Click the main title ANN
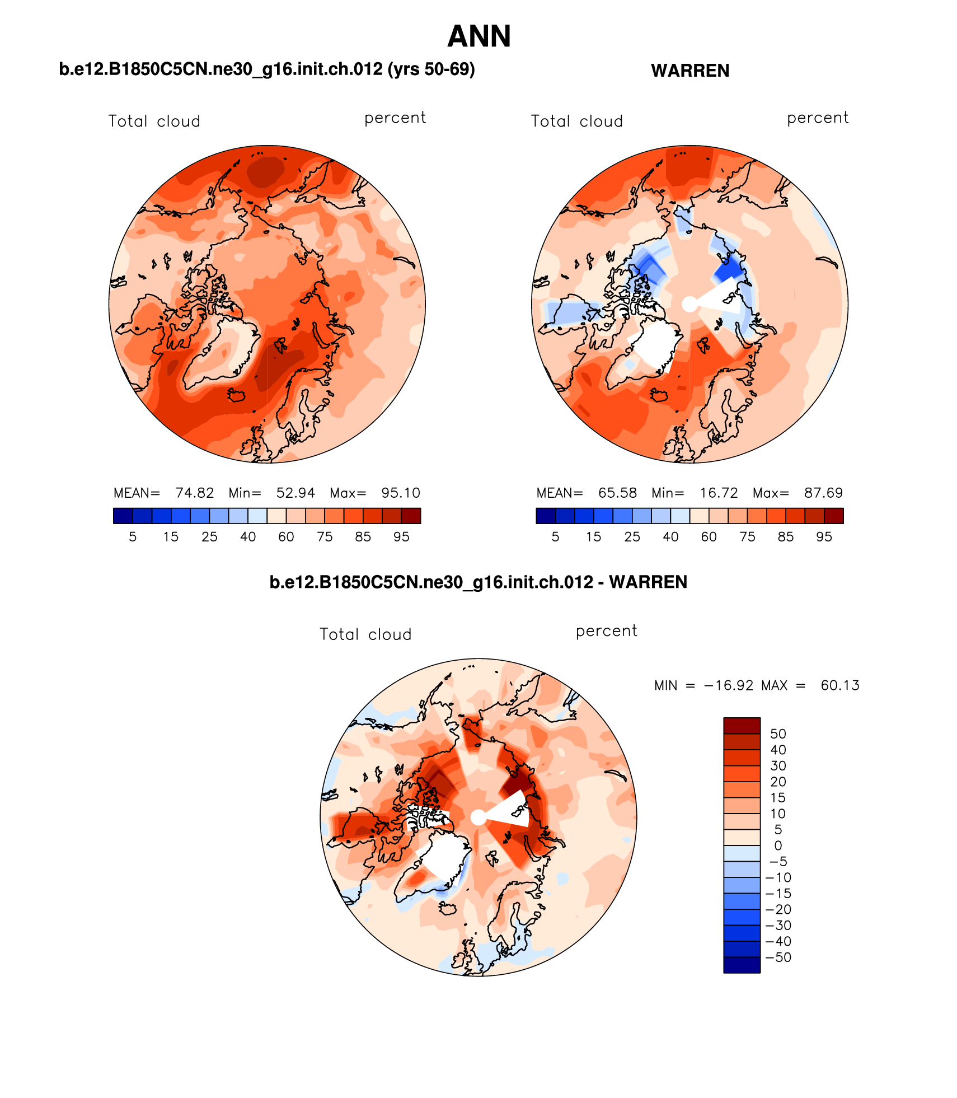[479, 36]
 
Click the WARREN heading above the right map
[690, 71]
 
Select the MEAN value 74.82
[194, 493]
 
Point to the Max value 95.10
[400, 493]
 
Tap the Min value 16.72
[719, 493]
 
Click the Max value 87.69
[823, 493]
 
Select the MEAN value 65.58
[617, 493]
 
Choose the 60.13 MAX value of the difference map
[839, 685]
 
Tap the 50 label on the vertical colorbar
[778, 734]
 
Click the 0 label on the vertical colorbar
[778, 845]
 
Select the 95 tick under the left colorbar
[401, 537]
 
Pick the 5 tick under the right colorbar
[555, 537]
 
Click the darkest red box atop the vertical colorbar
[742, 726]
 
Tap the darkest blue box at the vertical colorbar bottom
[742, 965]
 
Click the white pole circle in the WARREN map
[690, 304]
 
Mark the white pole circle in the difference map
[478, 817]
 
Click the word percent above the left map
[395, 118]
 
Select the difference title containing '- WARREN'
[478, 582]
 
